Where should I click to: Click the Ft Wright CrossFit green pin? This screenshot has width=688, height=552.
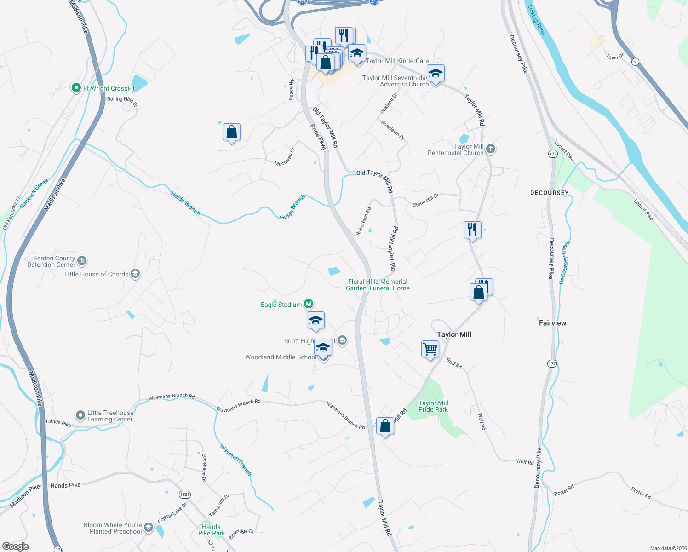(76, 88)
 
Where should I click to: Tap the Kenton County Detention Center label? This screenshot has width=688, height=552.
(51, 261)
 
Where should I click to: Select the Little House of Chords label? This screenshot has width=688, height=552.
(96, 274)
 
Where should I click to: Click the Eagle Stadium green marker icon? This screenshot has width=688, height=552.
(309, 304)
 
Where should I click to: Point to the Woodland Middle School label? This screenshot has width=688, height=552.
(280, 357)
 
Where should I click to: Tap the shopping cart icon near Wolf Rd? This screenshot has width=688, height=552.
(430, 349)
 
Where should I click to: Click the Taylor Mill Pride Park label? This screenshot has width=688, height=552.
(433, 406)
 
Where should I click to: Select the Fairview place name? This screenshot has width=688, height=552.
(552, 323)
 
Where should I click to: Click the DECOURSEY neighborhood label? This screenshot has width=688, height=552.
(549, 193)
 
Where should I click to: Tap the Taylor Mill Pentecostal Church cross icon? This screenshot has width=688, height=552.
(491, 149)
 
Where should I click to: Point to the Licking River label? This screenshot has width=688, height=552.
(536, 20)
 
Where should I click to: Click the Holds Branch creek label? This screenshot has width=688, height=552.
(185, 203)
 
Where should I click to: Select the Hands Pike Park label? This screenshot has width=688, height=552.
(212, 530)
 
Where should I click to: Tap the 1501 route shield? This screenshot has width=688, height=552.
(184, 494)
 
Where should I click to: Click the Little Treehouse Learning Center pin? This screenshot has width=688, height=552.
(80, 415)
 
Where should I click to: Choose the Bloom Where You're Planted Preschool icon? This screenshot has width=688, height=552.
(148, 528)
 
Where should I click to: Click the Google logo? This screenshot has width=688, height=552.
(16, 546)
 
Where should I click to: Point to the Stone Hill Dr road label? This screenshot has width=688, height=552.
(426, 200)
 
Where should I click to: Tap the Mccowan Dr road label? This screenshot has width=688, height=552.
(284, 157)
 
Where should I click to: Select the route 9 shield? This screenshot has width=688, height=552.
(635, 62)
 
